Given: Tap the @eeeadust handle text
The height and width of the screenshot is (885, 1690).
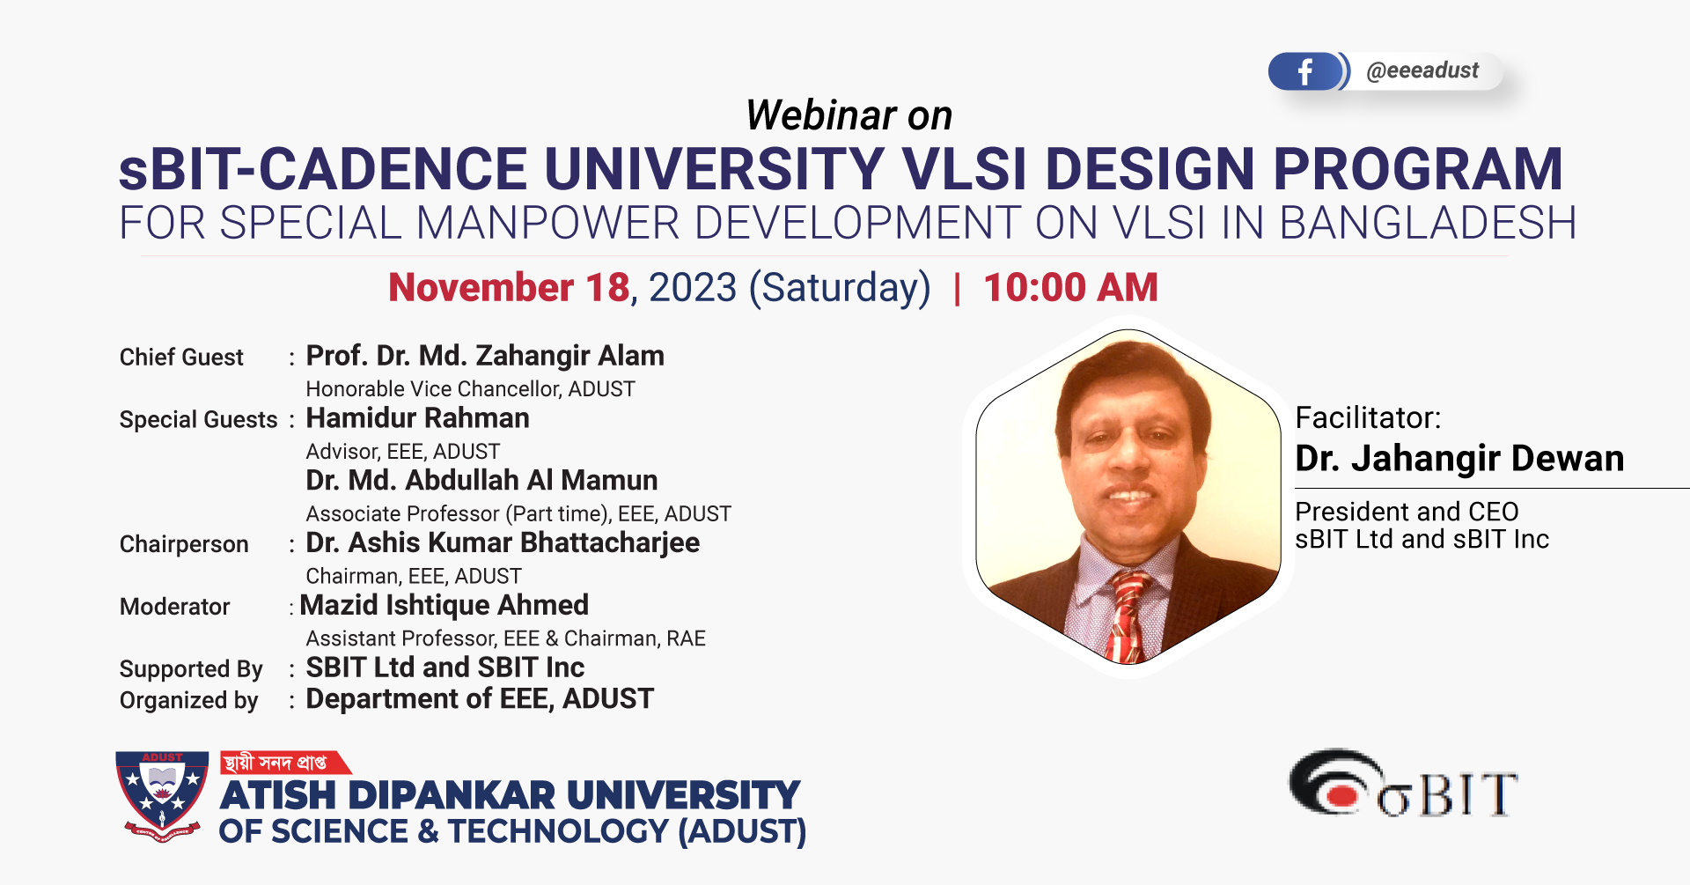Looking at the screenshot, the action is click(x=1422, y=70).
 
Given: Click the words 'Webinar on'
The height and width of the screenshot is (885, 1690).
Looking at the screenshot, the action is click(x=849, y=115).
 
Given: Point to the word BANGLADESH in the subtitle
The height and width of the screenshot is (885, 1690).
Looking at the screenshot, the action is click(x=1427, y=224).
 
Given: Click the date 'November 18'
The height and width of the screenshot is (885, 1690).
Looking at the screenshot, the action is click(x=510, y=288).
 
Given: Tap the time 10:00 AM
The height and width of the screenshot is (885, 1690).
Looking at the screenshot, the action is click(x=1070, y=288).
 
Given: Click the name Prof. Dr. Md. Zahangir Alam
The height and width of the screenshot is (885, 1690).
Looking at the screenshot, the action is click(x=485, y=356).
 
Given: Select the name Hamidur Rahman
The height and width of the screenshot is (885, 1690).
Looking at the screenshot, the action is click(x=417, y=418).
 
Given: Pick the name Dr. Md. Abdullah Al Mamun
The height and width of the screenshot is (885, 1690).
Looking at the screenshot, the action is click(x=481, y=481).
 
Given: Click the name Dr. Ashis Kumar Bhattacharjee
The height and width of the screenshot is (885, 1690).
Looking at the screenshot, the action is click(x=503, y=543).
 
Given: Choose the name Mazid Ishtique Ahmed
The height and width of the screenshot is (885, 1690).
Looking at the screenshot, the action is click(x=445, y=606).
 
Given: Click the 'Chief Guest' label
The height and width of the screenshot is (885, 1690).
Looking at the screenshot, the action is click(x=181, y=358).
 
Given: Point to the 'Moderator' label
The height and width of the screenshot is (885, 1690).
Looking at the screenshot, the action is click(x=174, y=607).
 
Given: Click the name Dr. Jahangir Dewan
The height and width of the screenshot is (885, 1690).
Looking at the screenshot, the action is click(x=1459, y=459).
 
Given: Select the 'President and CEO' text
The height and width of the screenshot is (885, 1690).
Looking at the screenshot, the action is click(x=1407, y=512).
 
